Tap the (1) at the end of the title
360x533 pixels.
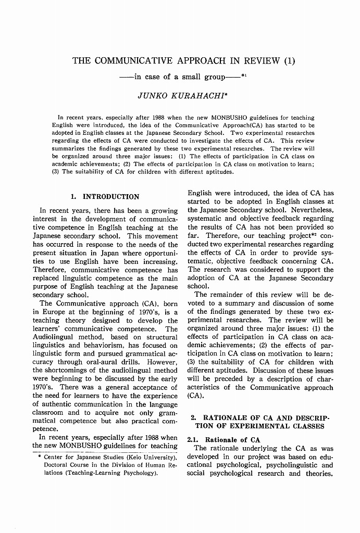[290, 60]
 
